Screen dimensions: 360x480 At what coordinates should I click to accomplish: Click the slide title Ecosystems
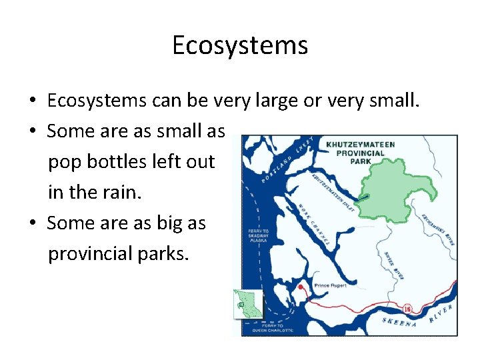click(240, 45)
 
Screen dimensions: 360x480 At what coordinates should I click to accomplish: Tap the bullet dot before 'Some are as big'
click(32, 224)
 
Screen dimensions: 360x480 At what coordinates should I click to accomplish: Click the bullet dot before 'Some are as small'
click(32, 132)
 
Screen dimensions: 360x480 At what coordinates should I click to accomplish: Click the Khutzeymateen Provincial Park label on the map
click(361, 152)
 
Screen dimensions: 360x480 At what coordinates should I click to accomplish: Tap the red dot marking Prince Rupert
click(301, 287)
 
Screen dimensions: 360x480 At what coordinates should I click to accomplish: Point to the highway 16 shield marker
click(407, 309)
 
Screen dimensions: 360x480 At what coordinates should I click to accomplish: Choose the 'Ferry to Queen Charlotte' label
click(270, 327)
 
